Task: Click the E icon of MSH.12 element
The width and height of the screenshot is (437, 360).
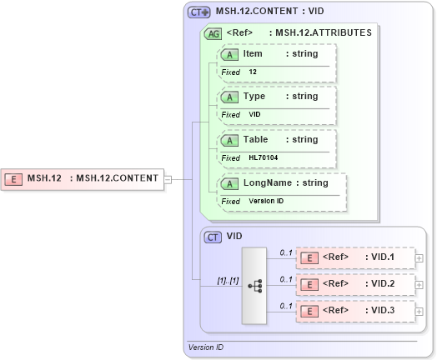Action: pos(13,177)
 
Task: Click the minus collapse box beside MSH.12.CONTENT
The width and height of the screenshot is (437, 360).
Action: pos(168,177)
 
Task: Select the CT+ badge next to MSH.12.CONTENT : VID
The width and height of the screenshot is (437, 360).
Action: pos(199,12)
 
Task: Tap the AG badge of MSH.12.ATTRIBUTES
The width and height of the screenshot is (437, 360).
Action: pos(213,33)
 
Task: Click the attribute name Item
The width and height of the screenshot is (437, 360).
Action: pos(252,53)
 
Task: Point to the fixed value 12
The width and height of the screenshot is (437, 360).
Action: pos(253,72)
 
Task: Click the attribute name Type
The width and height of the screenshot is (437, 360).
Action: pos(254,96)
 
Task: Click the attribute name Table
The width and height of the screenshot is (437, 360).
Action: pos(255,139)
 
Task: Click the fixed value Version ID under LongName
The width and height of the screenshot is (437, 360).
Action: pos(266,201)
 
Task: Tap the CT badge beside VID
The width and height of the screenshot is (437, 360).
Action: pos(213,237)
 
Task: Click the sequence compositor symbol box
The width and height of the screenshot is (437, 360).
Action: pos(254,285)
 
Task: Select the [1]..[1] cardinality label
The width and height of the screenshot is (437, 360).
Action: pos(228,280)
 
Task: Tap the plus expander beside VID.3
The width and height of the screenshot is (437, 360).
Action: pos(419,311)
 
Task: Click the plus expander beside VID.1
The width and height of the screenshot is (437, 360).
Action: pos(419,257)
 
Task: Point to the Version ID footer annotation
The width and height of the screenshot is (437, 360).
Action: pos(206,347)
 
